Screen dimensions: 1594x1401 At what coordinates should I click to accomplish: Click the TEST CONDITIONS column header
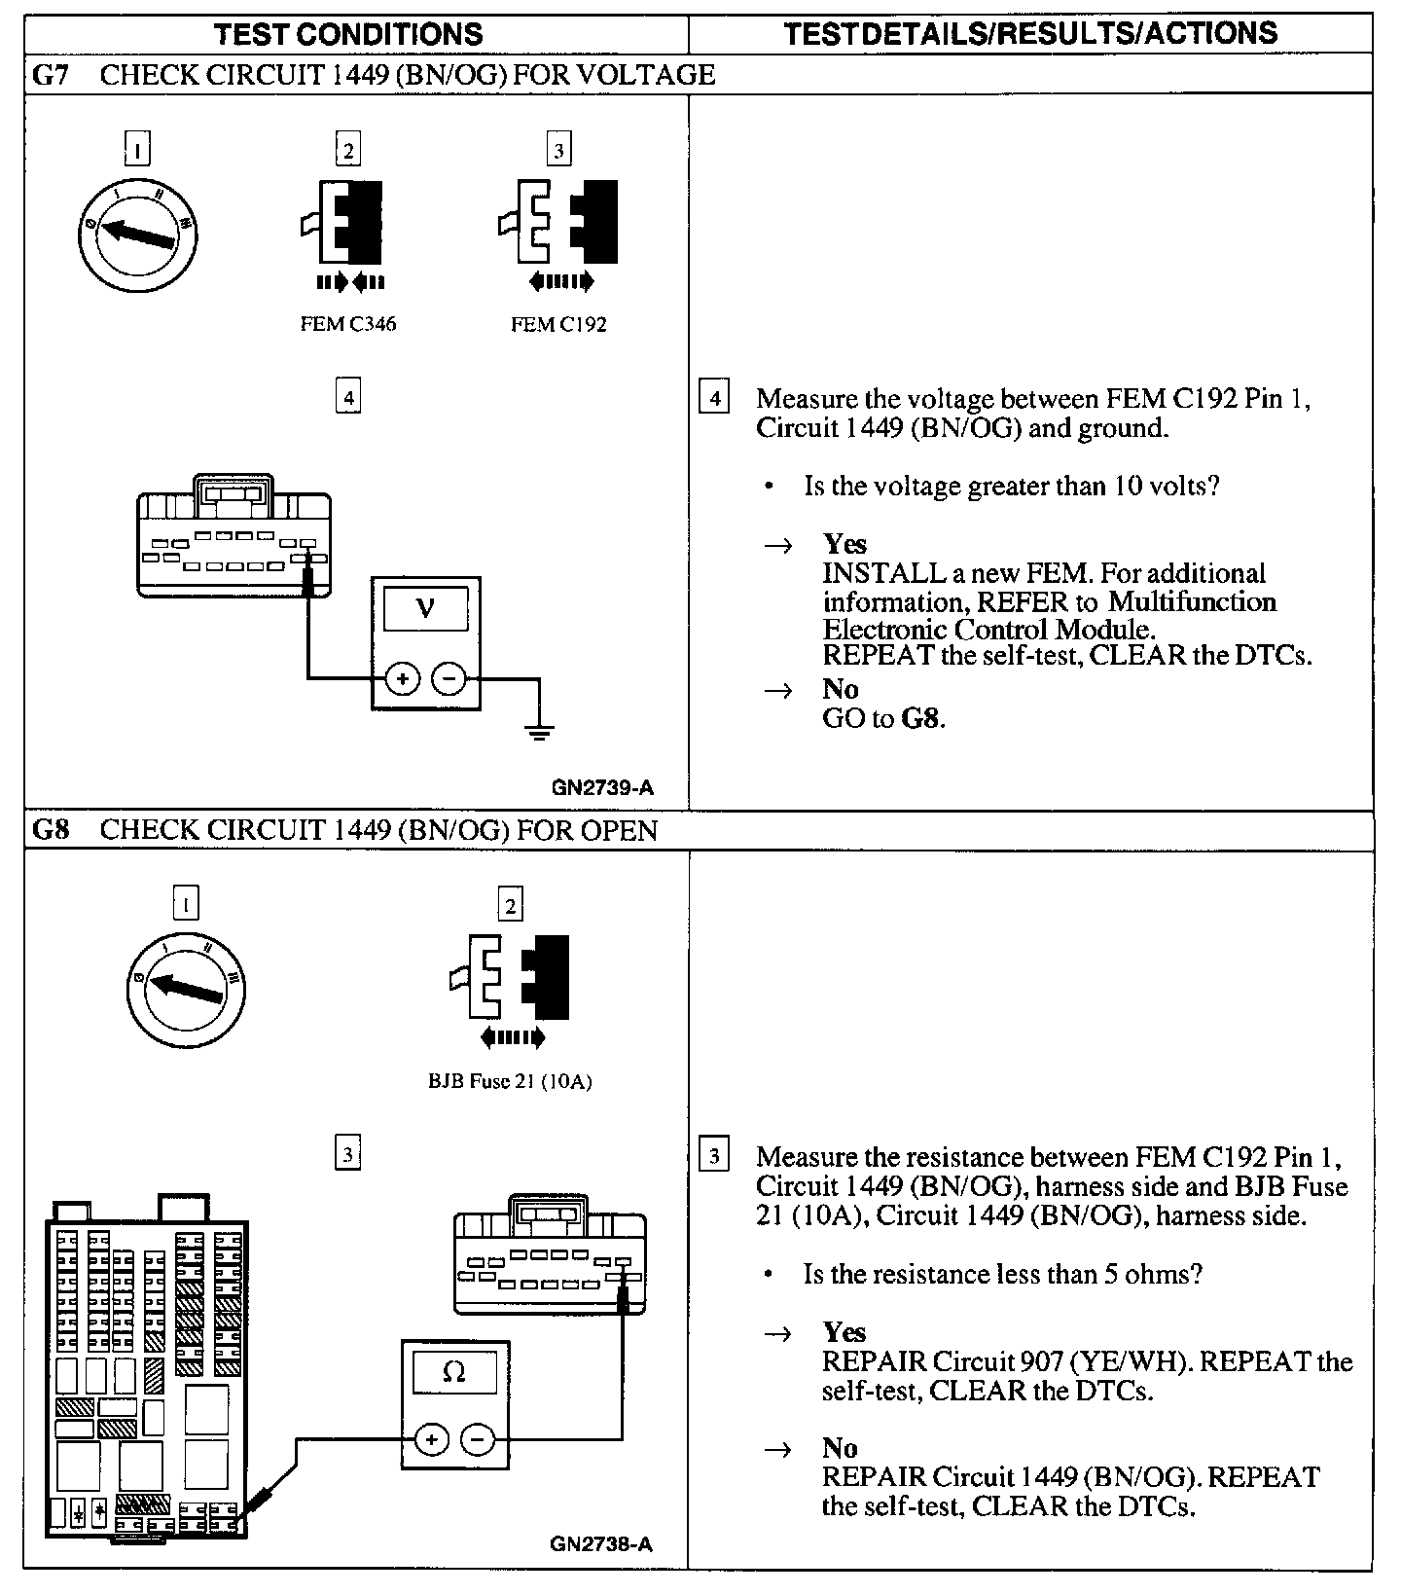tap(348, 34)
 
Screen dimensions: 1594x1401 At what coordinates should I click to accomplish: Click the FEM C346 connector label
tap(348, 324)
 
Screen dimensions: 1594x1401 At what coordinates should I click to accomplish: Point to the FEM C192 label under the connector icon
tap(558, 324)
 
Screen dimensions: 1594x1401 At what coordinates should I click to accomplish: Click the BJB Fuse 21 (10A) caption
tap(510, 1081)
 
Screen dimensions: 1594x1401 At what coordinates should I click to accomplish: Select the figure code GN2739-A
tap(602, 788)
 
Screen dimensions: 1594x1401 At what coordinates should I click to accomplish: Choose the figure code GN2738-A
tap(601, 1543)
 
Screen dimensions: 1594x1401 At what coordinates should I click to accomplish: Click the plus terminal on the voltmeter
tap(402, 678)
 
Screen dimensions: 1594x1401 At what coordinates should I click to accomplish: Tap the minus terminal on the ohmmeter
tap(477, 1438)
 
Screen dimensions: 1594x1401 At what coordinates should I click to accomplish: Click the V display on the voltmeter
tap(425, 608)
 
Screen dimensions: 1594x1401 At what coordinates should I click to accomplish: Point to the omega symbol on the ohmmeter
tap(453, 1372)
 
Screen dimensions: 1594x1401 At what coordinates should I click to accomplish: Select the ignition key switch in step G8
tap(186, 986)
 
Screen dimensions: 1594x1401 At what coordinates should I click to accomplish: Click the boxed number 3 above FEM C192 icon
tap(558, 150)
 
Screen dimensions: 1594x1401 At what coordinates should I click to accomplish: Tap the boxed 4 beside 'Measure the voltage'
tap(714, 398)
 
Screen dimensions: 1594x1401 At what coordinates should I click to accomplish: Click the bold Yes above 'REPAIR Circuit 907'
tap(844, 1331)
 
